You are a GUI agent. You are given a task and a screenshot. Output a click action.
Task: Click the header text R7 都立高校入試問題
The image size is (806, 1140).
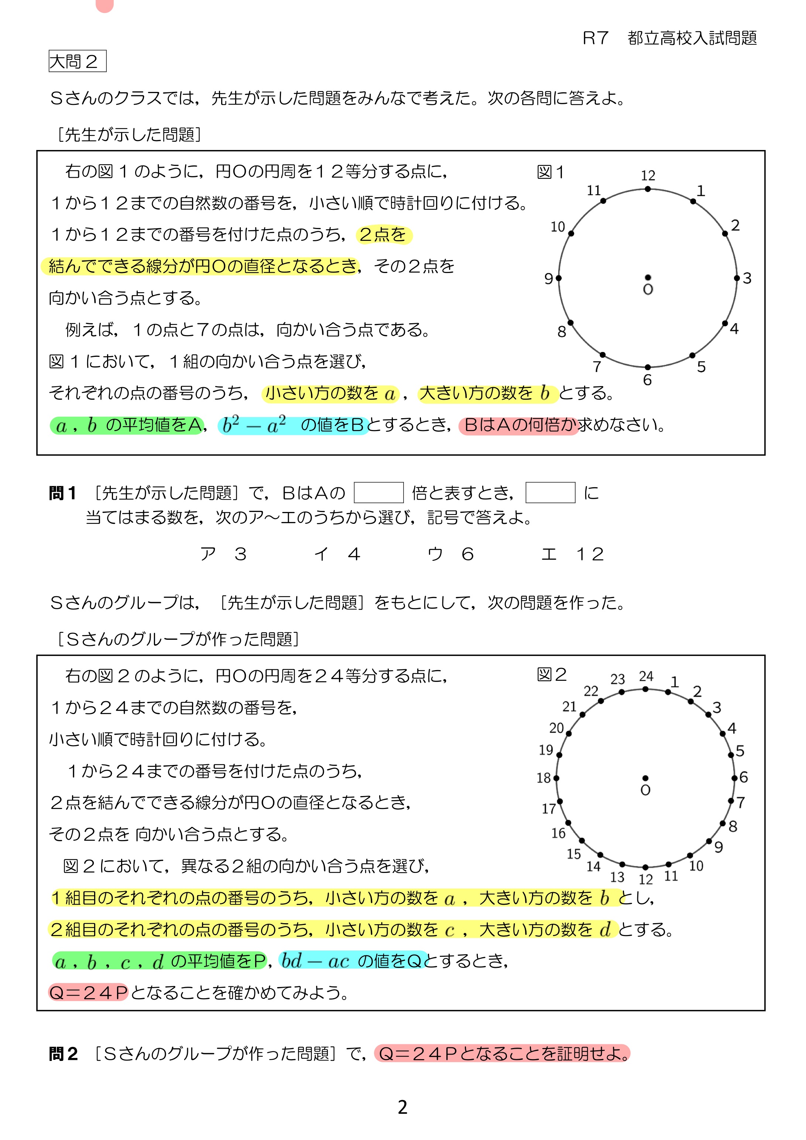pos(669,38)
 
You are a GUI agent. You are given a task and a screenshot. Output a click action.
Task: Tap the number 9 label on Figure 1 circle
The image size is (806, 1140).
pos(548,279)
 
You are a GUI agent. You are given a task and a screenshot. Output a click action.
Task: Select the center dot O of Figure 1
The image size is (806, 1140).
pos(648,277)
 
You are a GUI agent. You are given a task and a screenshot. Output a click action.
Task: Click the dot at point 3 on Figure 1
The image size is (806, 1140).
pos(737,278)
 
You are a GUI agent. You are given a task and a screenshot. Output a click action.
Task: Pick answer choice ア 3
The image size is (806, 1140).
pos(223,554)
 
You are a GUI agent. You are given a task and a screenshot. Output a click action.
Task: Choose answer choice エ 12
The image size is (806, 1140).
pos(572,554)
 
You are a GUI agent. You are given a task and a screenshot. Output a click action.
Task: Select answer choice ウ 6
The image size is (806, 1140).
pos(451,554)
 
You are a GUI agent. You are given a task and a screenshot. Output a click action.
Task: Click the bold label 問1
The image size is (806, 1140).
pos(62,493)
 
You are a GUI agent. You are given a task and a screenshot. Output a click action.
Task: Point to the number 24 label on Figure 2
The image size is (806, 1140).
pos(646,676)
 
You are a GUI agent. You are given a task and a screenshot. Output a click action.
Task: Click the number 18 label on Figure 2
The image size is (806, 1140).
pos(544,778)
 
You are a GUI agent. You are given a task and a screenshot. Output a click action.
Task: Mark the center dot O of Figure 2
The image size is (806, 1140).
pos(645,778)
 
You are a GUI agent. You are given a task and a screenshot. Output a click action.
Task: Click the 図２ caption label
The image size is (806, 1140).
pos(551,674)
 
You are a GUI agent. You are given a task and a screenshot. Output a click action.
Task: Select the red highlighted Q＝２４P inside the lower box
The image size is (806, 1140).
pos(88,993)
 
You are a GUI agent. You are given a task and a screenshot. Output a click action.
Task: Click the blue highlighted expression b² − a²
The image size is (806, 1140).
pos(254,425)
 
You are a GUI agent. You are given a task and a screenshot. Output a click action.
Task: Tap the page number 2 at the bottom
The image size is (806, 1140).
pos(402,1107)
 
